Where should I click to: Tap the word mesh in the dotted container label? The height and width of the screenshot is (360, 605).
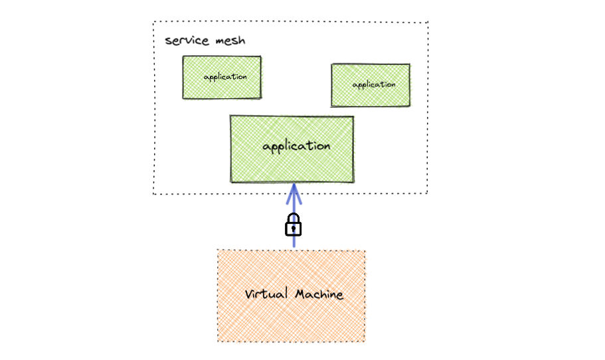pos(229,41)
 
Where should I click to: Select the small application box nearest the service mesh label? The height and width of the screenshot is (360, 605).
pos(222,77)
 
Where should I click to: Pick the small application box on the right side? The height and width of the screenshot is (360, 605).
pos(371,85)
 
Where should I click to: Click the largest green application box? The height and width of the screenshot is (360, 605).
pos(292,149)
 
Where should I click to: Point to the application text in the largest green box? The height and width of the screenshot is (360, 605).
pos(296,145)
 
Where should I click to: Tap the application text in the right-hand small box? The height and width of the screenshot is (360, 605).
pos(374,84)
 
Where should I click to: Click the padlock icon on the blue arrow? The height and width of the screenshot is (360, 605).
pos(294,225)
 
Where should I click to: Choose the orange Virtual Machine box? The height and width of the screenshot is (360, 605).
pos(292,296)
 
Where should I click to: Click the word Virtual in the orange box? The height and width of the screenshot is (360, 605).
pos(266,294)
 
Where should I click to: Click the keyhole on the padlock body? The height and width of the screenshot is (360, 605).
pos(294,229)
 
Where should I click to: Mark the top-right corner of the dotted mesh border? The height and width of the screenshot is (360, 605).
pos(428,22)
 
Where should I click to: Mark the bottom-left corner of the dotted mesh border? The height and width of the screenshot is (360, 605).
pos(153,193)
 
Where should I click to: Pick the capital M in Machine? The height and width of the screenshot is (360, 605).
pos(300,294)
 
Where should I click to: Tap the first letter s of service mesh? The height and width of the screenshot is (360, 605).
pos(168,41)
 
